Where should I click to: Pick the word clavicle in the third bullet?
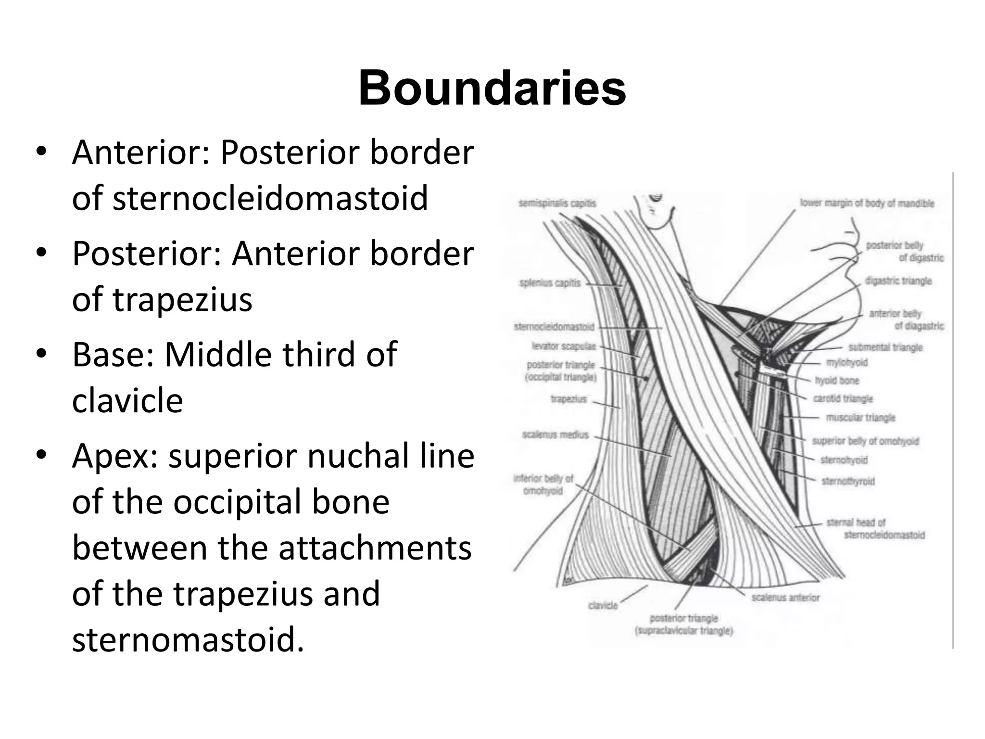click(x=127, y=400)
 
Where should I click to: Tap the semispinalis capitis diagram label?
click(x=557, y=203)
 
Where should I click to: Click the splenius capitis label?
click(x=550, y=283)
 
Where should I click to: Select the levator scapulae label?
click(x=564, y=346)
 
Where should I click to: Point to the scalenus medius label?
click(x=556, y=434)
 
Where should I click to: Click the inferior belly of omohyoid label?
click(x=543, y=484)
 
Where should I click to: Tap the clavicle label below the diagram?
click(x=603, y=605)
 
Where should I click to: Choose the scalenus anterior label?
click(x=785, y=597)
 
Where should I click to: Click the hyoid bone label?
click(x=837, y=381)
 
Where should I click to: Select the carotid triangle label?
click(x=843, y=398)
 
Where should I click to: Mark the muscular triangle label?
click(x=860, y=417)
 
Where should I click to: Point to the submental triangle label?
click(x=885, y=347)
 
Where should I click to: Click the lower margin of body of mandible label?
click(x=867, y=203)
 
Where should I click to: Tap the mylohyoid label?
click(x=847, y=362)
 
